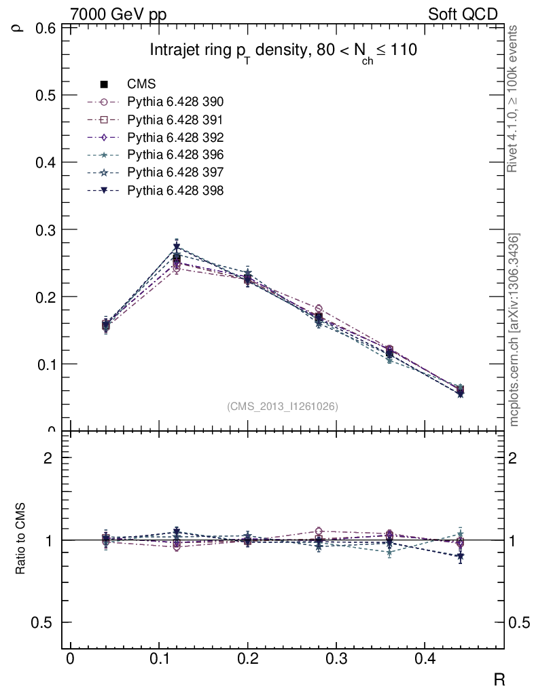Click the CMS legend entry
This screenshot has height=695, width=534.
141,85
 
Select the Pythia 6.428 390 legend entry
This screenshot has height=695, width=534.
175,102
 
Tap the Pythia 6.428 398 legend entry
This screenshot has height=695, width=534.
175,191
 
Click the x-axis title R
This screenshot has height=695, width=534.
498,679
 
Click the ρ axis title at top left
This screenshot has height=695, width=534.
19,28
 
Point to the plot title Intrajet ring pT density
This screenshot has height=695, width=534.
283,51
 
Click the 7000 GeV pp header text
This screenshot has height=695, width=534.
118,14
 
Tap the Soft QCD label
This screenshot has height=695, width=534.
463,14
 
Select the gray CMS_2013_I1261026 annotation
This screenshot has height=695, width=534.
283,407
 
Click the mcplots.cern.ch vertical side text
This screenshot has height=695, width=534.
514,330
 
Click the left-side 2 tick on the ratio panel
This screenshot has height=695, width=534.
48,458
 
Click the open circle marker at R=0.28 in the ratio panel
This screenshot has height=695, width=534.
319,531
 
